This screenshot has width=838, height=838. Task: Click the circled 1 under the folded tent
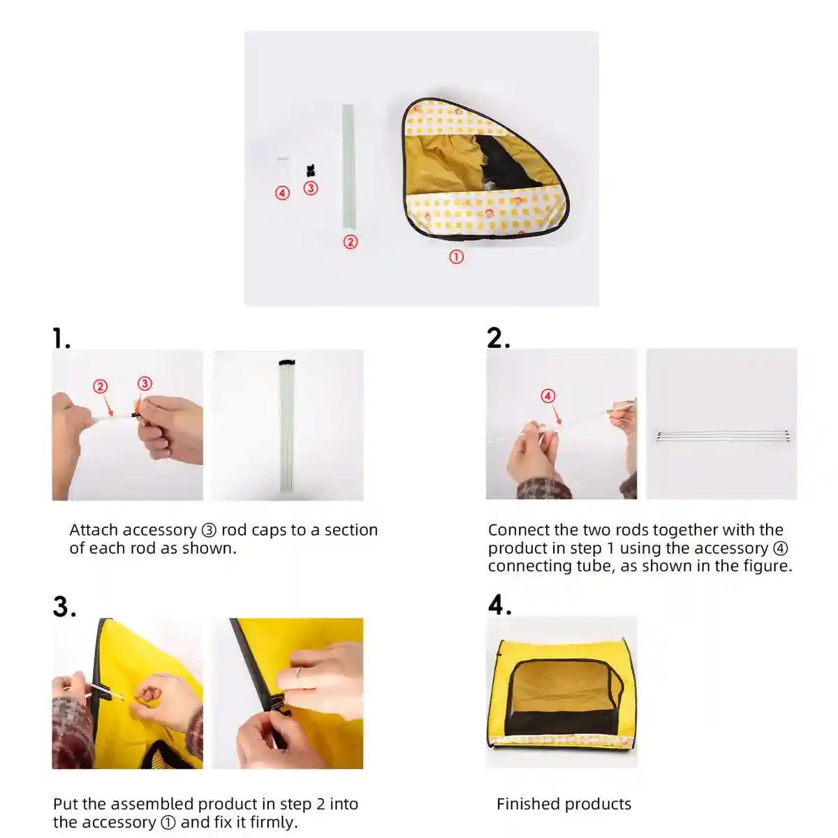pos(456,256)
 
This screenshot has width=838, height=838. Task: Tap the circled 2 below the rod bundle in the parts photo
pos(350,242)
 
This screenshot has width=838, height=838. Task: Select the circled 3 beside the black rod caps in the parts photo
pos(310,188)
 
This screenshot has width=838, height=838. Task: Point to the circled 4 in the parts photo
pos(282,193)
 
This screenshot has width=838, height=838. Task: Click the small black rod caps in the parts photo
pos(310,170)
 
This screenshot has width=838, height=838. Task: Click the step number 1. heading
pos(61,338)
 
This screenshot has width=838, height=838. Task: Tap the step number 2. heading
pos(499,338)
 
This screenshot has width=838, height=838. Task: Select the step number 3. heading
pos(64,606)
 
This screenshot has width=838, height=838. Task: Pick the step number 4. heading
pos(500,605)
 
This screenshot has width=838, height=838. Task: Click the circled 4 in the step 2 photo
pos(547,396)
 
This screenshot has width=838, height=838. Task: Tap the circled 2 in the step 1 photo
pos(100,386)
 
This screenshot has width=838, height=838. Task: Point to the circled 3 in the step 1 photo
pos(145,383)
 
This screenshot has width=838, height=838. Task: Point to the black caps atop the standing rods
pos(287,362)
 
